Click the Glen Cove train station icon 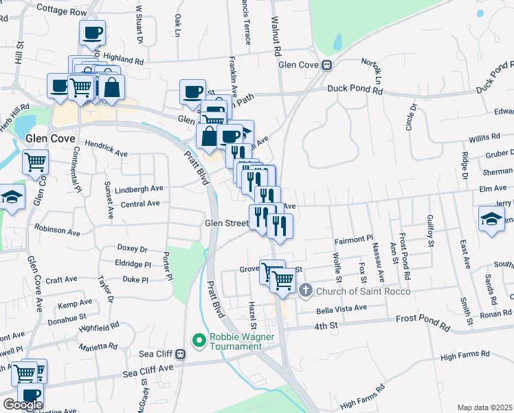click(328, 65)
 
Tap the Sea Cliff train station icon click(180, 354)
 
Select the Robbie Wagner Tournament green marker click(199, 339)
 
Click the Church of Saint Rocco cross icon click(306, 291)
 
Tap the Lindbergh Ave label click(139, 188)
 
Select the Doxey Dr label click(133, 248)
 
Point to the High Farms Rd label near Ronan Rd click(465, 354)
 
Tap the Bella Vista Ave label click(342, 308)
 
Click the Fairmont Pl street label click(353, 240)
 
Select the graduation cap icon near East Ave click(491, 220)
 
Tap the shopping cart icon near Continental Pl click(35, 162)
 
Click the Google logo click(23, 405)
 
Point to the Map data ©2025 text click(484, 407)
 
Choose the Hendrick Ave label click(106, 149)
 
